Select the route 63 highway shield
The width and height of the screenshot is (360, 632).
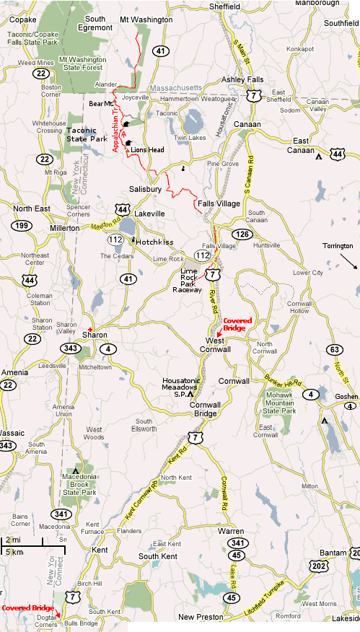pos(333,350)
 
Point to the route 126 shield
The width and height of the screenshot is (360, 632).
pos(241,234)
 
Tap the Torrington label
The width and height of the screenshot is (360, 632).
pos(338,246)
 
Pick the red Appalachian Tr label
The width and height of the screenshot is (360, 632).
pos(117,127)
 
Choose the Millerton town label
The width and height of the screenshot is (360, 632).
pos(64,227)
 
